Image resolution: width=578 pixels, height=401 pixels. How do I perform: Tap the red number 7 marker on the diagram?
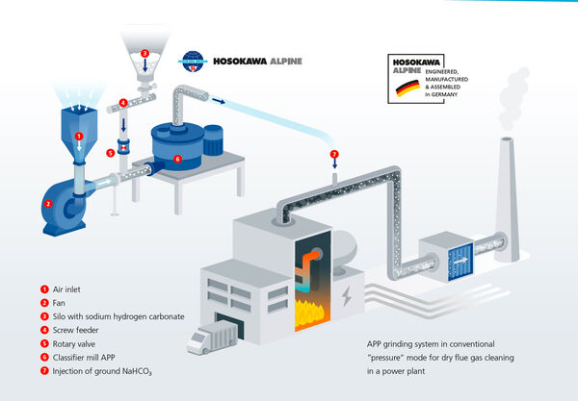pos(334,154)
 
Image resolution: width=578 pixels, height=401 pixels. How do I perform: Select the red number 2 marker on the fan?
pos(47,203)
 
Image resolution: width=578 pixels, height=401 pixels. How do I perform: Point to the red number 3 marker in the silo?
pos(144,53)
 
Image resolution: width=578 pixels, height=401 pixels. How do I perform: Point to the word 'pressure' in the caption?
pos(394,356)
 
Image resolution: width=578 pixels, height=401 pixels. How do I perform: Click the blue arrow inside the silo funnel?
pos(144,66)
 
